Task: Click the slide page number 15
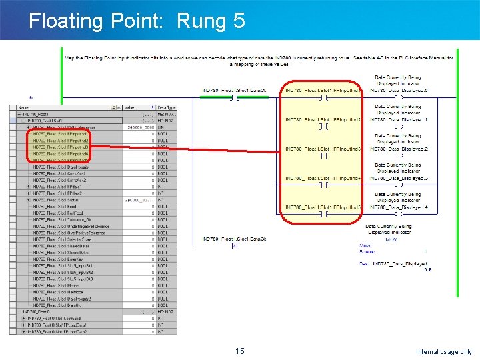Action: [x=240, y=351]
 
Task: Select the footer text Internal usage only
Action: [x=443, y=352]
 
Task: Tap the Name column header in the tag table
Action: [x=24, y=107]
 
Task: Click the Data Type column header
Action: [x=167, y=107]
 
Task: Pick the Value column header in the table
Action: [x=133, y=107]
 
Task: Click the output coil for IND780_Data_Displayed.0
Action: [x=399, y=97]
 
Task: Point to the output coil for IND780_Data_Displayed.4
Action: [x=399, y=215]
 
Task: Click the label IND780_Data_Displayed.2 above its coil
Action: [x=399, y=149]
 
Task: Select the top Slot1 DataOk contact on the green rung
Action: [x=235, y=97]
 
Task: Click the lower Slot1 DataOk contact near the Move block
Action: [x=235, y=246]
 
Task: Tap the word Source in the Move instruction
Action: [x=367, y=252]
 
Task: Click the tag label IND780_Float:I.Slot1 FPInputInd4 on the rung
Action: [x=323, y=178]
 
